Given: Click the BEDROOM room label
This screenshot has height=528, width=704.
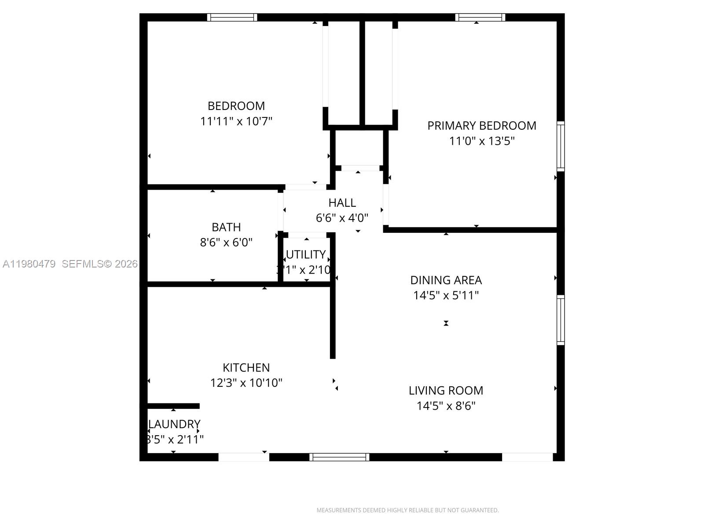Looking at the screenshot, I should [x=236, y=106].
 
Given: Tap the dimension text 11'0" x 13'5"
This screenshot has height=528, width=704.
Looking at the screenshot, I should [x=482, y=141].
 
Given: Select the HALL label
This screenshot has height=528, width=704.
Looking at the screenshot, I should [x=342, y=203].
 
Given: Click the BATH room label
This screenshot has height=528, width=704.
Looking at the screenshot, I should [x=226, y=227].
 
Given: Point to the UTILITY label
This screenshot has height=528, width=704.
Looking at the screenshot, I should [x=306, y=255].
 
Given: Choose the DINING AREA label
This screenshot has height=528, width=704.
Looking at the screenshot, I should [x=446, y=280].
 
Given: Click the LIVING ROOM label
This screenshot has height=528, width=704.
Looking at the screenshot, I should [x=446, y=391].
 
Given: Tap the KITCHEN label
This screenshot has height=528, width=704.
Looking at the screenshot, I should [x=246, y=368].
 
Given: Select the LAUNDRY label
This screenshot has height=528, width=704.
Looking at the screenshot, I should [x=175, y=424].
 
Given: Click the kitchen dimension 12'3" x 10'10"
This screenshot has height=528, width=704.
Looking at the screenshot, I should [x=246, y=383].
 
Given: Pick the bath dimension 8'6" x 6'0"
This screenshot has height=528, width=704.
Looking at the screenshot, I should [x=226, y=242].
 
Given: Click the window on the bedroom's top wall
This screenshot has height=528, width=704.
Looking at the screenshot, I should [x=232, y=18].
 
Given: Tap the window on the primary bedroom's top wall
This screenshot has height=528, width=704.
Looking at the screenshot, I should [x=480, y=18].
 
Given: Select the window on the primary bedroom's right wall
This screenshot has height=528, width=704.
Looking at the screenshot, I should [x=561, y=146].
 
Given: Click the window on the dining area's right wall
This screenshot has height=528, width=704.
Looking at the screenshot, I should [x=561, y=320].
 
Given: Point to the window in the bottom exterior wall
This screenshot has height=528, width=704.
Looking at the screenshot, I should [x=339, y=457].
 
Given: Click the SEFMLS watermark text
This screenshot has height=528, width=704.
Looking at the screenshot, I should [x=99, y=264].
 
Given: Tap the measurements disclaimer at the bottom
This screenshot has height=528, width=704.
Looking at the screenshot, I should [x=407, y=510].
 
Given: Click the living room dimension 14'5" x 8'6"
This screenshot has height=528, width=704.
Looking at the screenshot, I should [x=446, y=406].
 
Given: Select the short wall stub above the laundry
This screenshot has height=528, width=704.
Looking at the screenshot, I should [x=173, y=406].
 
